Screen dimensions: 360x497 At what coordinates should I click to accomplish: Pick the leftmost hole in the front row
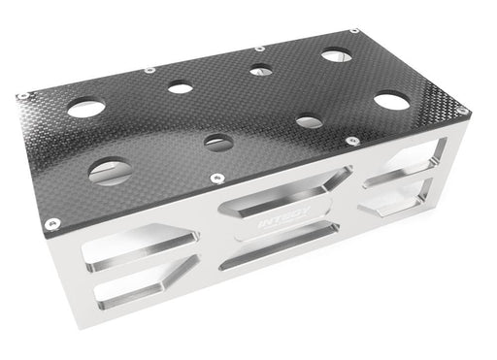point(110,173)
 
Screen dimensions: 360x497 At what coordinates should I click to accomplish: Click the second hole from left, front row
point(218,142)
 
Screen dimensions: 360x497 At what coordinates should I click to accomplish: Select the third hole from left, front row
point(309,121)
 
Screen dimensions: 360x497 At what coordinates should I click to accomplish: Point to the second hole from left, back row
point(180,87)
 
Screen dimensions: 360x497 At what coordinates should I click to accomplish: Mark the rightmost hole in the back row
point(338,54)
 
